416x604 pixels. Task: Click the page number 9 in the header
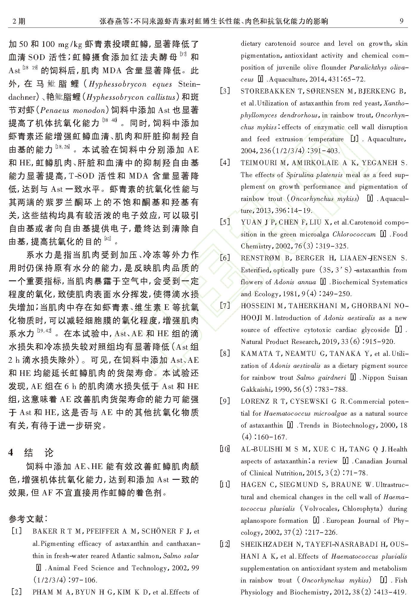tap(401, 21)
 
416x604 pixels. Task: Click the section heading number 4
tap(11, 452)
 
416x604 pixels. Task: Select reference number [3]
tap(225, 91)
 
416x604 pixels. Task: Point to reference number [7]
tap(225, 306)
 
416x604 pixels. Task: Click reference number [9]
tap(225, 401)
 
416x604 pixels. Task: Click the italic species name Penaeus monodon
tap(73, 110)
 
